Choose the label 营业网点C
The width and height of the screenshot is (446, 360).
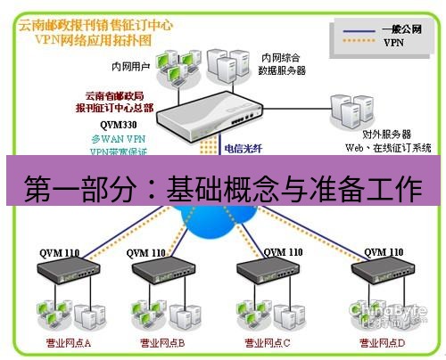coord(265,342)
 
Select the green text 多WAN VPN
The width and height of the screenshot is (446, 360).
coord(113,140)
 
